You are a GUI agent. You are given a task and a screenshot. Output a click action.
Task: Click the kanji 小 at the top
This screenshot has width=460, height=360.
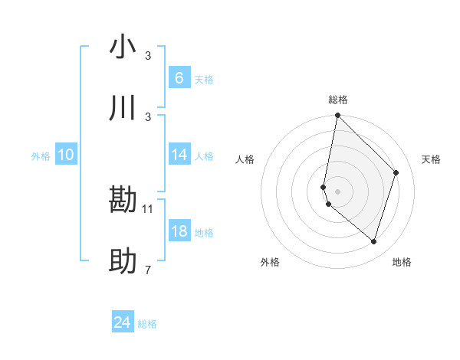123,47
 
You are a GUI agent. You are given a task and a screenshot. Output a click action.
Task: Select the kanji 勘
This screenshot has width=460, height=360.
123,201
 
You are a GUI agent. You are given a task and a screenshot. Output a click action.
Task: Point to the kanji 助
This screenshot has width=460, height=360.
123,262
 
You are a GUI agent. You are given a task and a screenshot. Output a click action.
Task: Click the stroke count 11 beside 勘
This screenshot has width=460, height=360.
148,208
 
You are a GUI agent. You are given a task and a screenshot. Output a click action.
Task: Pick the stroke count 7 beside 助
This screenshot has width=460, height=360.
148,270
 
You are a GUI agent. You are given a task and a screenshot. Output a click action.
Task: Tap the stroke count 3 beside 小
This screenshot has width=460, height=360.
148,56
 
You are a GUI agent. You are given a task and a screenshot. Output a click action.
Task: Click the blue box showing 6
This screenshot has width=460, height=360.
179,78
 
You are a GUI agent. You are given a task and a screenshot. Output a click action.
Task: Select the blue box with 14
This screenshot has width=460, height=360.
179,155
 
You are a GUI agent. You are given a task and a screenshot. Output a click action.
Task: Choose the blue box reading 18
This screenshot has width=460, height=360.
179,231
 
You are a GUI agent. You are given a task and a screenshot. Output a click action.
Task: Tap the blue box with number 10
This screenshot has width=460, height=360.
66,155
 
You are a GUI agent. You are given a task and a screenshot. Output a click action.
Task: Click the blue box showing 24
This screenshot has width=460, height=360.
123,322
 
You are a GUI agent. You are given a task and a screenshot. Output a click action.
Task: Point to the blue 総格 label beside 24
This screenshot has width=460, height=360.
147,324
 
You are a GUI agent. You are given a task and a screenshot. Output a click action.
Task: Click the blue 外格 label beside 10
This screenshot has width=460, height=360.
41,156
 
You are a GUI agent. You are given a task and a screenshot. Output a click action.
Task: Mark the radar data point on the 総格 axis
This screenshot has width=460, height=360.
337,116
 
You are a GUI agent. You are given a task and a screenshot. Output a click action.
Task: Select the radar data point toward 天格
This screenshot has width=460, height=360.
396,172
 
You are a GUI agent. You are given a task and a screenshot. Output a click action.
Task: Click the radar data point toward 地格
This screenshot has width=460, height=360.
373,241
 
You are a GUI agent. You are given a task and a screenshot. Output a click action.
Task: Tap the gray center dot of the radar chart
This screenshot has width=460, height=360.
337,191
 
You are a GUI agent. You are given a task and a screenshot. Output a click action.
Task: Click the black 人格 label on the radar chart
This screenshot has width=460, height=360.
245,159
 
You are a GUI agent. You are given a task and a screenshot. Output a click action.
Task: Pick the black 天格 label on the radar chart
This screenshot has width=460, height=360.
431,159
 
